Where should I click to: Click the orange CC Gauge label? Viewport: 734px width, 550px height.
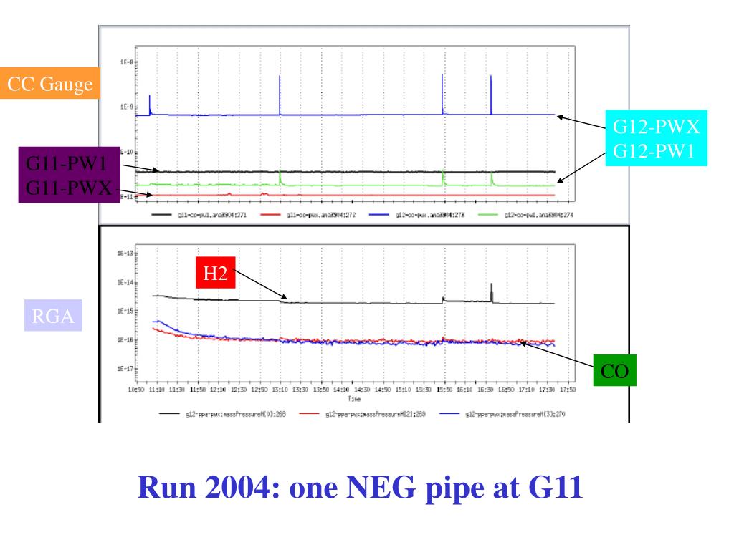click(x=49, y=85)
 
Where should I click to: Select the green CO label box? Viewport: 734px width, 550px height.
click(x=614, y=370)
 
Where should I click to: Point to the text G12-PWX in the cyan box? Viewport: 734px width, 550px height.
click(x=655, y=130)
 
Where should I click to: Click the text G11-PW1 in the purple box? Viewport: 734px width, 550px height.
click(x=66, y=164)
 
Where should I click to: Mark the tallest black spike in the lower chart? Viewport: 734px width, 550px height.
click(x=491, y=286)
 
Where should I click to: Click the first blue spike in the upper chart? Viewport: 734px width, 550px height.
click(x=150, y=97)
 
